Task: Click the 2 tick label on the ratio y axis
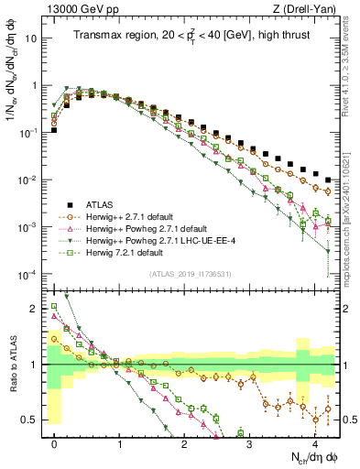pos(34,310)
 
